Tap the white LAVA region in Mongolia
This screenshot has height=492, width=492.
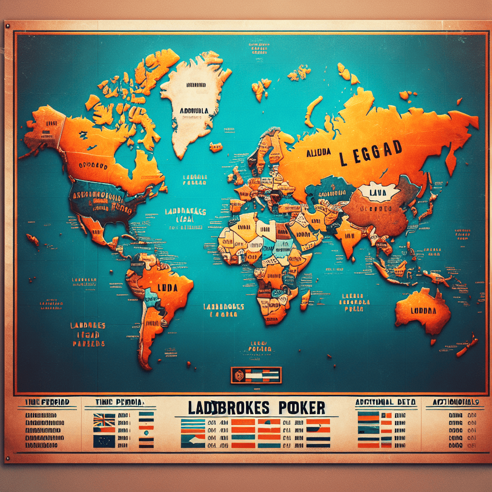pos(380,192)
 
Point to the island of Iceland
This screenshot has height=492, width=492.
pos(216,147)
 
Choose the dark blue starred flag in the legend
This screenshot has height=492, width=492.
pos(104,441)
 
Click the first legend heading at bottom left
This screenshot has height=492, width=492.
pos(46,401)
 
